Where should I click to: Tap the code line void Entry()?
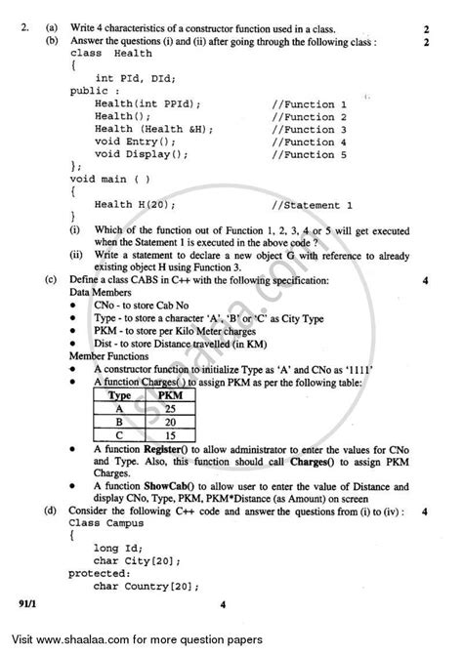click(x=135, y=143)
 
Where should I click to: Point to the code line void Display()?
click(x=141, y=155)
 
